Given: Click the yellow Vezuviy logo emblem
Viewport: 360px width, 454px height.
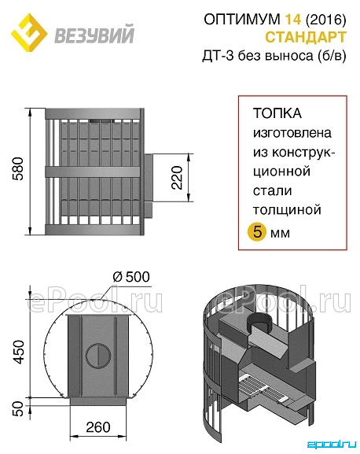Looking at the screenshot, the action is (x=29, y=32).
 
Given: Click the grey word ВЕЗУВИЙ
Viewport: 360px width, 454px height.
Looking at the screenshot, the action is (x=94, y=35).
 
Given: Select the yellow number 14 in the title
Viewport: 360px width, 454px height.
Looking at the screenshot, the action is (x=293, y=20).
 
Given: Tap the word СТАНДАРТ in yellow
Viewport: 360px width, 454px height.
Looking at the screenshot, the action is (x=306, y=37).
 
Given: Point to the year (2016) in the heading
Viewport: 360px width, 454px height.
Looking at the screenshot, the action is (x=325, y=20).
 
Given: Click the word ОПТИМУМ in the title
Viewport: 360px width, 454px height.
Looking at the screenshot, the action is (x=242, y=20).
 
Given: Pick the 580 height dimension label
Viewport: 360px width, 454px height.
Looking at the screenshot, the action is (x=19, y=169).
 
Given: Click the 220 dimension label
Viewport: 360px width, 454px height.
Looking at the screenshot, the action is (x=177, y=178).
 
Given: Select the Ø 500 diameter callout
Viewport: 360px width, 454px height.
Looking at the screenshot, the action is (x=131, y=277).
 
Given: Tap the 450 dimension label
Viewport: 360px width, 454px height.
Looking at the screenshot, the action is (x=19, y=352).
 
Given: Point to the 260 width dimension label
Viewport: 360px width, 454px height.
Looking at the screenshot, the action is (x=98, y=427).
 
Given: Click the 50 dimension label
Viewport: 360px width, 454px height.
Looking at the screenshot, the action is (x=19, y=408).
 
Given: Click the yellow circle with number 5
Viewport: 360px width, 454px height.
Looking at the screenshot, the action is (x=257, y=232).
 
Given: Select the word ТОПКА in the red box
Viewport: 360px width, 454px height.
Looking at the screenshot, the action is (x=277, y=113).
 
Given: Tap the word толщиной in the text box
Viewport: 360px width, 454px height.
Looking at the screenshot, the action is (x=287, y=210).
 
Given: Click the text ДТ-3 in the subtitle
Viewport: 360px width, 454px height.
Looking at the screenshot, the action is (x=218, y=55).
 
